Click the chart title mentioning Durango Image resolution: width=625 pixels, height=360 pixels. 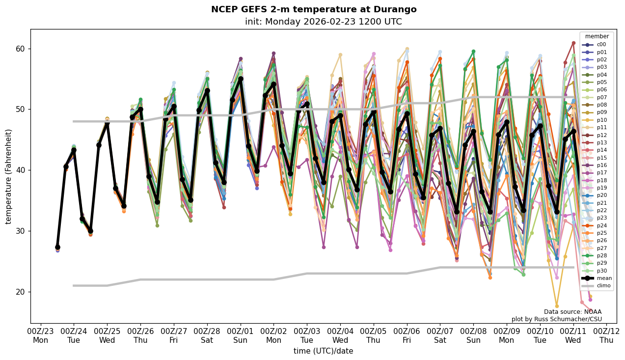point(314,9)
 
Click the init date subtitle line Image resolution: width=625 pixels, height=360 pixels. point(323,22)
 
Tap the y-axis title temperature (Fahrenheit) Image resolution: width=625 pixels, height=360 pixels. point(9,176)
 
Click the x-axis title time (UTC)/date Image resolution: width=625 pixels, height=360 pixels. point(323,351)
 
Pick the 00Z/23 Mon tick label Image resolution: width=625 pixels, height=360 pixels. point(40,335)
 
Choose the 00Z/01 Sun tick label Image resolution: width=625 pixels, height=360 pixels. point(240,335)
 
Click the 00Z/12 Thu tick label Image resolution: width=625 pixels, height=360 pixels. point(606,335)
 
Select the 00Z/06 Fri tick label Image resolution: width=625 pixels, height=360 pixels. point(407,335)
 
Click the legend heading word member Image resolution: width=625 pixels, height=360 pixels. point(597,36)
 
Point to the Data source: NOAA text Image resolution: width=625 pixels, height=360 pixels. point(572,312)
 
